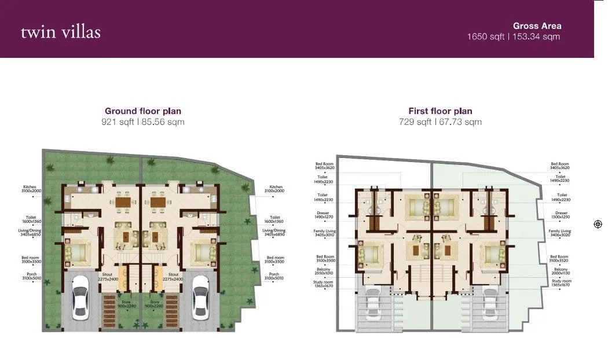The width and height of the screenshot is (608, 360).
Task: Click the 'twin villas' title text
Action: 61,32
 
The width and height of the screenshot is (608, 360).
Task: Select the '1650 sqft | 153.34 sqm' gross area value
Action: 514,36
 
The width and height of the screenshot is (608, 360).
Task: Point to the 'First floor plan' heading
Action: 440,111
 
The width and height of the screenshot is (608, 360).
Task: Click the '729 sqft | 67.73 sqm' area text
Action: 440,122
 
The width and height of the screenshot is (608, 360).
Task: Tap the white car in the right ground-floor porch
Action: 200,296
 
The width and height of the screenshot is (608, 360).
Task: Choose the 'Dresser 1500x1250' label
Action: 561,215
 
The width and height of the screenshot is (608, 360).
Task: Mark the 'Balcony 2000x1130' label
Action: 560,271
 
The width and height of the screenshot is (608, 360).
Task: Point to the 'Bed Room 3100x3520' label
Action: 559,259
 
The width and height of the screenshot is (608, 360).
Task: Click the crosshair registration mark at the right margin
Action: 598,224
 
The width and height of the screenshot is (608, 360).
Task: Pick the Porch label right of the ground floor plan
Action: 274,277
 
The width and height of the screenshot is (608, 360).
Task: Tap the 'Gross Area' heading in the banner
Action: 537,25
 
